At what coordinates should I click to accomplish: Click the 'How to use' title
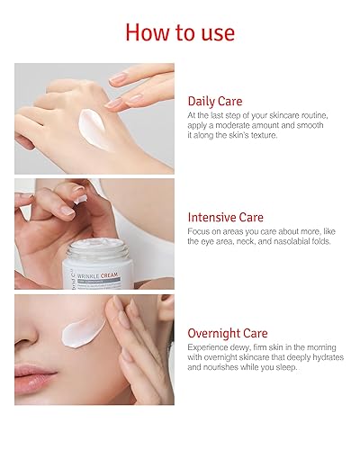pyautogui.click(x=180, y=32)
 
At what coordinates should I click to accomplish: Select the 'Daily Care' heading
pyautogui.click(x=220, y=101)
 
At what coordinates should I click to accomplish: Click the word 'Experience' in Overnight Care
pyautogui.click(x=209, y=347)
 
